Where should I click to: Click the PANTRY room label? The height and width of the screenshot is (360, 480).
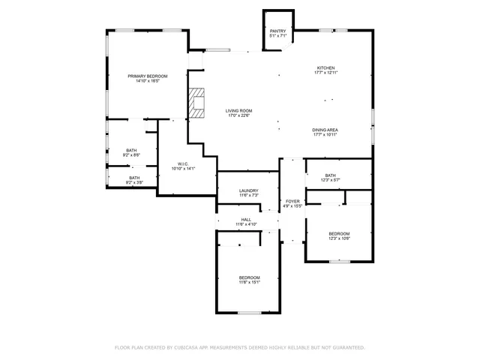pos(278,31)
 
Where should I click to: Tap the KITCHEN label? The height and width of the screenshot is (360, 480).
pos(325,67)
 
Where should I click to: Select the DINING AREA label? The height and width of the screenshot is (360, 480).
pos(325,129)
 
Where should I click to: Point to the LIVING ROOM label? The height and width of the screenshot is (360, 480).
pos(239,110)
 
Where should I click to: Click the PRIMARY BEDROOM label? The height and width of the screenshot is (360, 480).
pos(147,76)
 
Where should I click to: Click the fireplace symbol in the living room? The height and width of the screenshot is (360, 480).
pos(196,103)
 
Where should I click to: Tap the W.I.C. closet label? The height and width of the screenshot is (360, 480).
pos(184,163)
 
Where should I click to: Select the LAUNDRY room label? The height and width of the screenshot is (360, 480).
pos(249,190)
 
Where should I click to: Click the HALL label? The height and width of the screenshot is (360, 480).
pos(246,219)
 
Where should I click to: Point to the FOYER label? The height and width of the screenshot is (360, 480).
pos(292,201)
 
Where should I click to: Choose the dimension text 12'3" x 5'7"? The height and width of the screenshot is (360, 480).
pos(331,180)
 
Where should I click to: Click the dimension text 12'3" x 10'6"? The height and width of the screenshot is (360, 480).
pos(339,239)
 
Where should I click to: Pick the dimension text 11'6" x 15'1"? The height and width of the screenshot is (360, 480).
pos(250,283)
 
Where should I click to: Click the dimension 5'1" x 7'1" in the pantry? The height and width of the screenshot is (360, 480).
pos(278,36)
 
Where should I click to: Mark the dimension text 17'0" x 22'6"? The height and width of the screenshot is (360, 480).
pos(239,115)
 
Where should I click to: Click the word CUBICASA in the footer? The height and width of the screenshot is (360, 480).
pos(190,348)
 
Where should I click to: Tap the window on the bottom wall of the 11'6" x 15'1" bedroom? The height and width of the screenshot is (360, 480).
pos(250,313)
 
